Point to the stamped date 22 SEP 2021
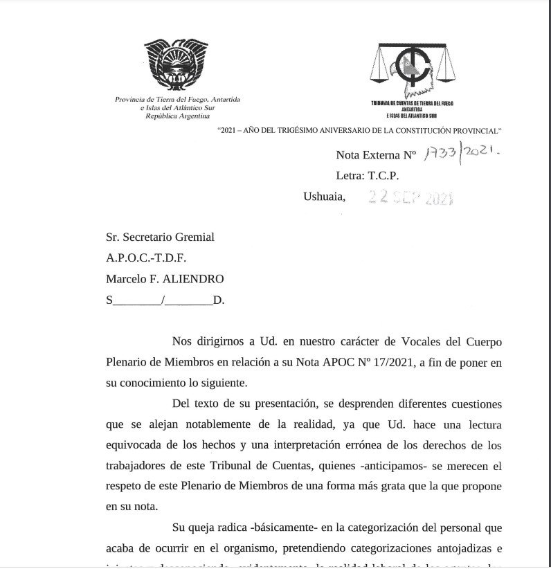[x=410, y=198]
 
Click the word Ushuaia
[x=323, y=197]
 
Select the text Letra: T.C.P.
[x=367, y=176]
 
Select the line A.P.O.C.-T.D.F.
[x=146, y=258]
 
